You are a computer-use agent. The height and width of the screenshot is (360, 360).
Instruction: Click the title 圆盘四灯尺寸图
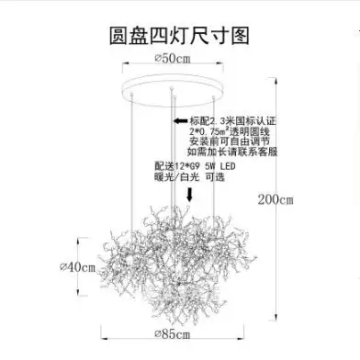pos(179,36)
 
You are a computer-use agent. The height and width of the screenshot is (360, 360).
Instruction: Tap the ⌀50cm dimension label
pos(173,58)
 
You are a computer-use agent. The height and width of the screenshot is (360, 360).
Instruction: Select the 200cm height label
pos(276,199)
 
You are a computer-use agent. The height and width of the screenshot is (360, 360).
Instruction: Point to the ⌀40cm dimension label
pos(77,267)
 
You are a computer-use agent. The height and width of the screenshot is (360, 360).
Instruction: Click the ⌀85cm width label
pos(173,333)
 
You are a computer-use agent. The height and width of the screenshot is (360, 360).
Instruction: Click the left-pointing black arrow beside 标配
pos(181,120)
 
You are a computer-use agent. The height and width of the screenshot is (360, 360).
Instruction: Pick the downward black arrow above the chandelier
pos(189,195)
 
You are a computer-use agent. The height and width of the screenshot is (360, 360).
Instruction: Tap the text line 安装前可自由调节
pos(230,141)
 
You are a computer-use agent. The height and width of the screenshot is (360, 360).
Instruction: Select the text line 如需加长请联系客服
pos(232,152)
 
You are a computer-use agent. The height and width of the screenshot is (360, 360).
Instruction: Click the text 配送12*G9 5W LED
pos(195,166)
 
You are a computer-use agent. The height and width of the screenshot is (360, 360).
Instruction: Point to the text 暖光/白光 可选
pos(189,176)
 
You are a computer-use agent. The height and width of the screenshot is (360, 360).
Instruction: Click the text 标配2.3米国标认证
pos(232,120)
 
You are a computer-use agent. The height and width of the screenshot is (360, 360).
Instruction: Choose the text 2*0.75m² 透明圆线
pos(230,131)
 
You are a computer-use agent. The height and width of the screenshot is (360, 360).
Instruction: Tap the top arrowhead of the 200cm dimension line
pos(276,81)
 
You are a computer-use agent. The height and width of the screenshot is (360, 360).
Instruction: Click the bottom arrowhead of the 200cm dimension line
pos(276,317)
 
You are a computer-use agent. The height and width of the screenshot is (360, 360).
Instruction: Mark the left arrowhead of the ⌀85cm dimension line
pos(105,338)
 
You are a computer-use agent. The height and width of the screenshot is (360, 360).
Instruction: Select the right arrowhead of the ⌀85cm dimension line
pos(241,338)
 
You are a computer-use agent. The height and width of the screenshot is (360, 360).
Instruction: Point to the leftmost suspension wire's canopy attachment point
pos(131,94)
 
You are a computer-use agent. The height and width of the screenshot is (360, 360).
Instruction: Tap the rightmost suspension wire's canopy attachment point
pos(213,97)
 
